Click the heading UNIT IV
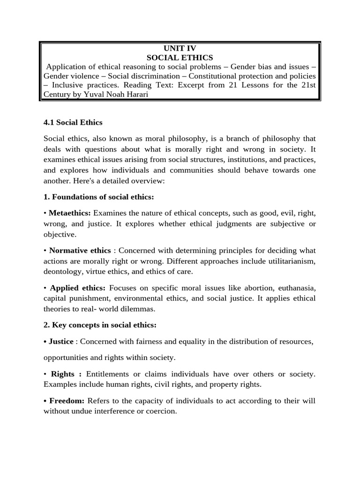click(x=180, y=48)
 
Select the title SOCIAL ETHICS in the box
click(x=180, y=58)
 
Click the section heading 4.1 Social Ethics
click(x=73, y=122)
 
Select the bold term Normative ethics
click(x=80, y=250)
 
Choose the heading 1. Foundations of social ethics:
click(x=98, y=197)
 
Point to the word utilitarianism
click(x=289, y=261)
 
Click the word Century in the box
click(x=58, y=94)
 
